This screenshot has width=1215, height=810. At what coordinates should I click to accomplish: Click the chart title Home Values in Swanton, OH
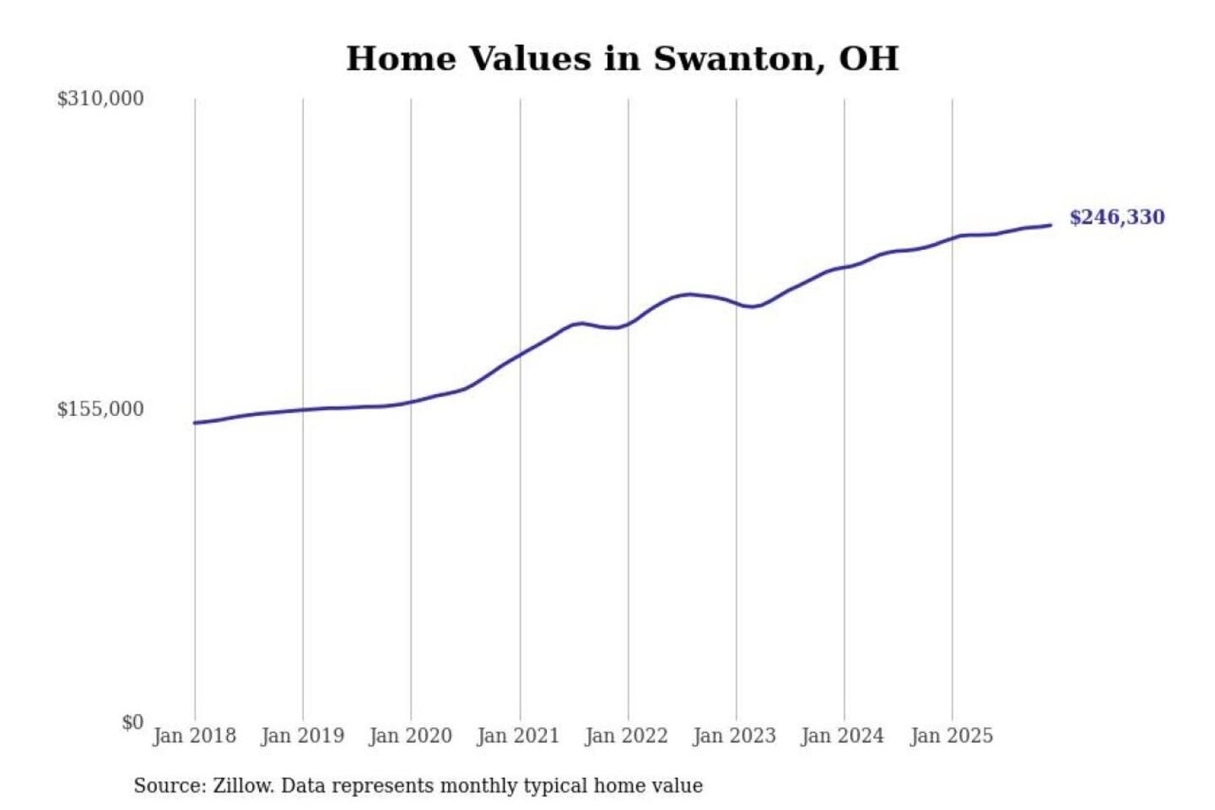point(622,59)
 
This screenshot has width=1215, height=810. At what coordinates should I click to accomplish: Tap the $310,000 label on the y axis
point(100,99)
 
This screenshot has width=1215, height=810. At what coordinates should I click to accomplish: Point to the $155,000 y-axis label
point(100,409)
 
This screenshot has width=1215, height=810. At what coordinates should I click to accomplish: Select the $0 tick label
point(132,722)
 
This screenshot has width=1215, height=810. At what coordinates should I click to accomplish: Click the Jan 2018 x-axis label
point(194,736)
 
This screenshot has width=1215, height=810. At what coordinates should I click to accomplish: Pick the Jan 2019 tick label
point(302,736)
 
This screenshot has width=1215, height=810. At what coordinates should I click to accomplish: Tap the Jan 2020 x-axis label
point(410,736)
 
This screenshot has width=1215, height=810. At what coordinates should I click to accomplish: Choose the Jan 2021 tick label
point(518,736)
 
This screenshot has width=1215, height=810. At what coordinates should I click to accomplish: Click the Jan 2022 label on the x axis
point(626,736)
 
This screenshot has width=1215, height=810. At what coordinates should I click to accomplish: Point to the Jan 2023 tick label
point(734,736)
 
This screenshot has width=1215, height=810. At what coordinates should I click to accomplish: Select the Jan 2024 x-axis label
point(842,736)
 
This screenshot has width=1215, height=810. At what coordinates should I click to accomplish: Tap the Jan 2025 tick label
point(951,736)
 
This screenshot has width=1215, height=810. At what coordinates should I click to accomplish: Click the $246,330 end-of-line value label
point(1116,218)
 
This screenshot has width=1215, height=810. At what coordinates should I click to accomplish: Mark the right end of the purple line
point(1050,225)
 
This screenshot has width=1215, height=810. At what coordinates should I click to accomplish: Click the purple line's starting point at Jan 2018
point(195,423)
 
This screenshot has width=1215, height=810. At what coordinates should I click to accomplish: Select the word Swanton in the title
point(737,59)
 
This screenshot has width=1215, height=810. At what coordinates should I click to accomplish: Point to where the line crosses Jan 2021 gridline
point(520,354)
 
